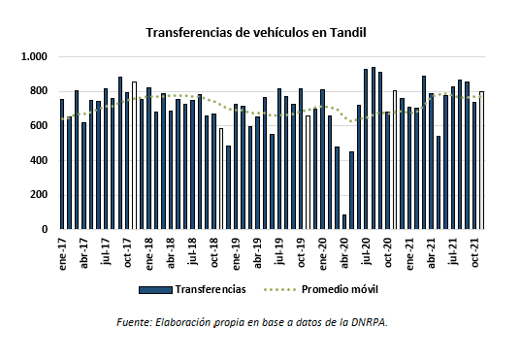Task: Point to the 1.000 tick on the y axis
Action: tap(35, 57)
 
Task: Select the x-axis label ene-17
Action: tap(62, 251)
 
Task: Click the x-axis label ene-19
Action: tap(236, 251)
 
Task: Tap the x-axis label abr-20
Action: tap(344, 251)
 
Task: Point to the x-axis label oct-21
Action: tap(475, 251)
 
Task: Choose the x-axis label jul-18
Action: tap(193, 251)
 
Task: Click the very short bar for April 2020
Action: tap(344, 222)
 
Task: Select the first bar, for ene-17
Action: tap(62, 164)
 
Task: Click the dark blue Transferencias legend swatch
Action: tap(154, 289)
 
